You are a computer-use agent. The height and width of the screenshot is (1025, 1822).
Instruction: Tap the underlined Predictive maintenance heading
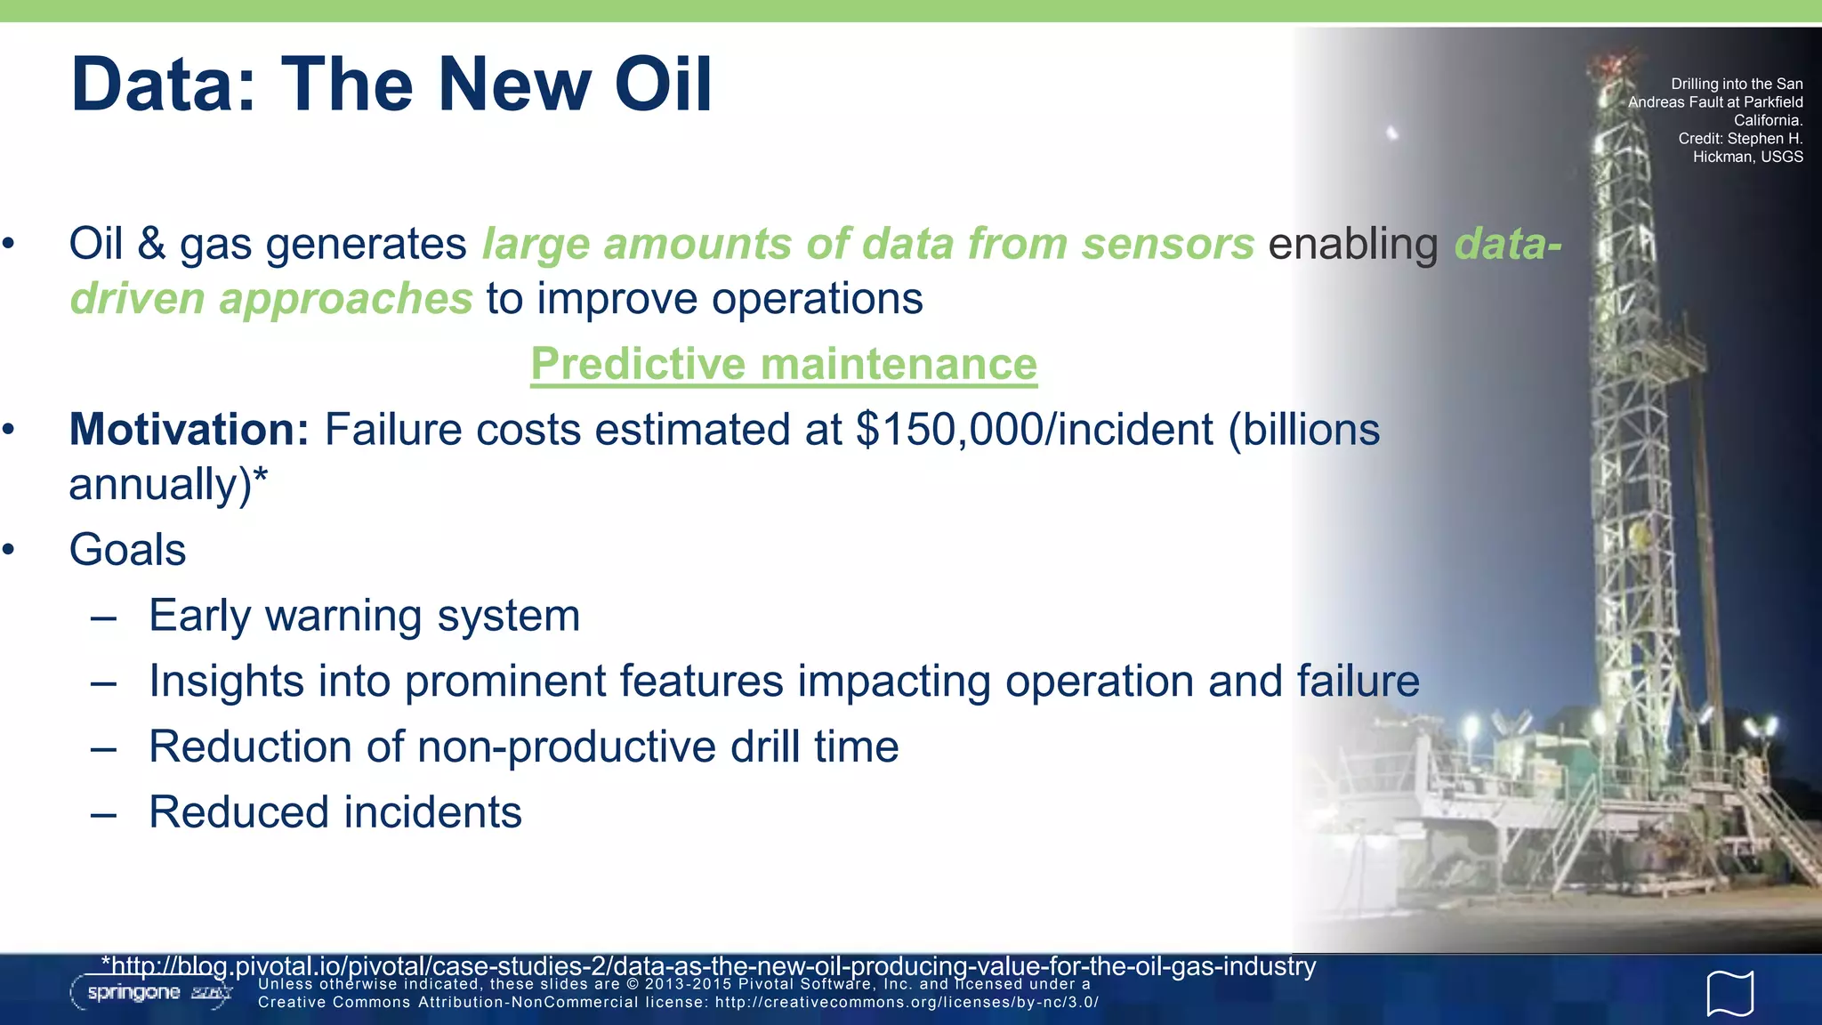[x=784, y=364]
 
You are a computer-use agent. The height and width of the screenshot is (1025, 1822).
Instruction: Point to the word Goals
[x=127, y=550]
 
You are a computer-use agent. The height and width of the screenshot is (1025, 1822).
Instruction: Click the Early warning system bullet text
[x=364, y=616]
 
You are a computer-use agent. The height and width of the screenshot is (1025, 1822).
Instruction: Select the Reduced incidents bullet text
[x=335, y=812]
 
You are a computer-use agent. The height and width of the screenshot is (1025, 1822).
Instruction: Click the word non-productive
[x=566, y=747]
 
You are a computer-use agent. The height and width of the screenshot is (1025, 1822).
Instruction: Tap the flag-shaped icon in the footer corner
[x=1729, y=993]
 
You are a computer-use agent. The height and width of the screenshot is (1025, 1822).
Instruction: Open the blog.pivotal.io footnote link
[x=708, y=966]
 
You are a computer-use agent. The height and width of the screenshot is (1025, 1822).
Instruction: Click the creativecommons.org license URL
[x=907, y=1003]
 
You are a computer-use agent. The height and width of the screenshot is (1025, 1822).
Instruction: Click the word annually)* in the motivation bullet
[x=168, y=485]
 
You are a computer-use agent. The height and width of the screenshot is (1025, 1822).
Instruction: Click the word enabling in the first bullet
[x=1352, y=245]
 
